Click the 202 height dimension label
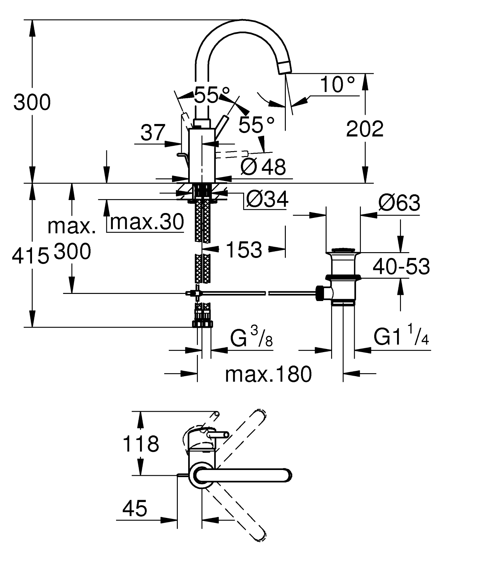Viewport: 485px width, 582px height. pyautogui.click(x=365, y=129)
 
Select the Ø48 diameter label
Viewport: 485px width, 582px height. pyautogui.click(x=263, y=167)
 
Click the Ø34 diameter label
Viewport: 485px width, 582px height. pyautogui.click(x=267, y=199)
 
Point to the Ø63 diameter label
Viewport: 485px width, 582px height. pyautogui.click(x=399, y=203)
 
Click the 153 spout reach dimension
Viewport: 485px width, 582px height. pyautogui.click(x=244, y=250)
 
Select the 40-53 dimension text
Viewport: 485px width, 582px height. pyautogui.click(x=401, y=266)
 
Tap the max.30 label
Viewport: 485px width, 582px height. pyautogui.click(x=147, y=222)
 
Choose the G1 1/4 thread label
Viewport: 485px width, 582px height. pyautogui.click(x=401, y=337)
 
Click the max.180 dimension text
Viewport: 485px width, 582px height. pyautogui.click(x=268, y=374)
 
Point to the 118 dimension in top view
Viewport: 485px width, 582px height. pyautogui.click(x=141, y=443)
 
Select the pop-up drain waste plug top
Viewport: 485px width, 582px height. pyautogui.click(x=343, y=250)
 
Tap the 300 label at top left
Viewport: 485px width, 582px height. pyautogui.click(x=32, y=102)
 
